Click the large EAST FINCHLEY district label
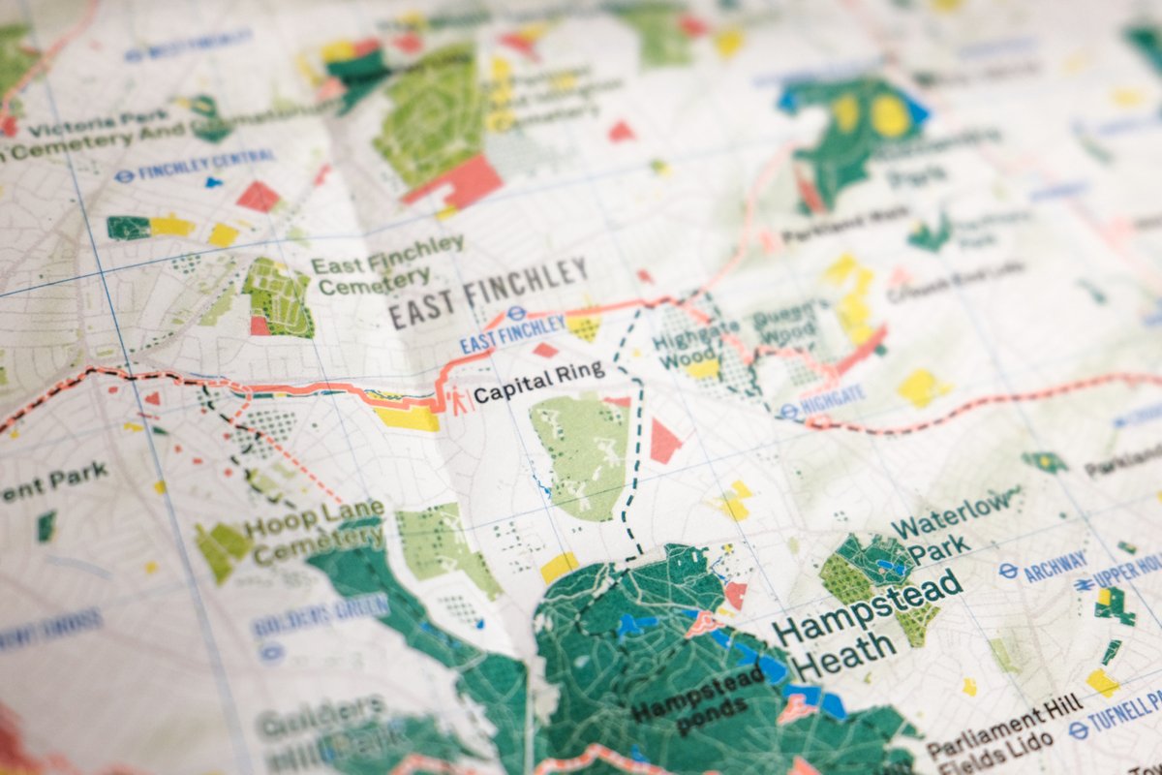[x=488, y=292]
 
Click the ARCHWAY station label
[x=1055, y=564]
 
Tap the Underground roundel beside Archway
[x=1008, y=572]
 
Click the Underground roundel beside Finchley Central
[x=123, y=176]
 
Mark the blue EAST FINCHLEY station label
[x=511, y=333]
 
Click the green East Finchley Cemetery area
[x=278, y=296]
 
